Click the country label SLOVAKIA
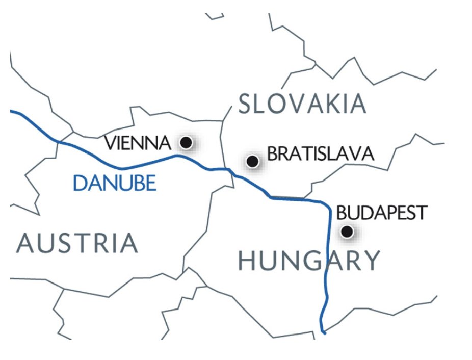[x=302, y=105]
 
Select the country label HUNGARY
[x=309, y=261]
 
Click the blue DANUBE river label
[x=114, y=183]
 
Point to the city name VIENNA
[x=137, y=143]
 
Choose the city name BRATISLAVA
[x=321, y=154]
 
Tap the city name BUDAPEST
[x=381, y=213]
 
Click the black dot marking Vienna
[x=186, y=142]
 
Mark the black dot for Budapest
[x=347, y=232]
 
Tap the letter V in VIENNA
[x=110, y=143]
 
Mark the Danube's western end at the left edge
[x=12, y=111]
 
